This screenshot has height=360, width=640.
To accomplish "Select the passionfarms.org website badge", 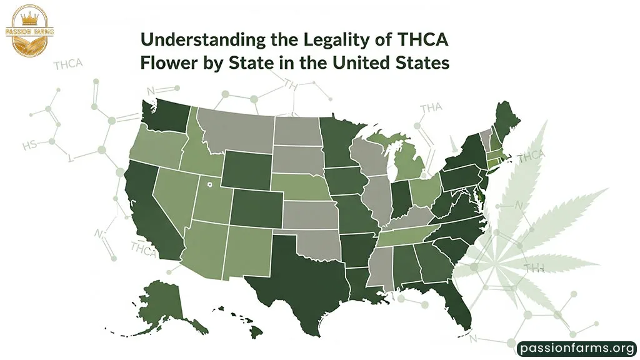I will pos(577,347).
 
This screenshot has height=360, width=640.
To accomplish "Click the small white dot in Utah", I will pos(210,184).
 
